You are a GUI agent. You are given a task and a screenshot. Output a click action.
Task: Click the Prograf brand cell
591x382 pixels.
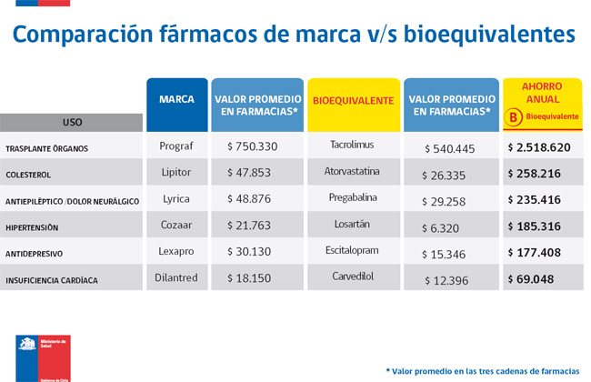coord(176,146)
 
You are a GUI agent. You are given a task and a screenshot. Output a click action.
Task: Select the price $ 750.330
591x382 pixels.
coord(252,146)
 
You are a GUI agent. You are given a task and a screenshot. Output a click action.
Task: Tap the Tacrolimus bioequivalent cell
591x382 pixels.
coord(353,145)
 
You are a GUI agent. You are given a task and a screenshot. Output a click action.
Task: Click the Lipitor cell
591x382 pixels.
coord(176,171)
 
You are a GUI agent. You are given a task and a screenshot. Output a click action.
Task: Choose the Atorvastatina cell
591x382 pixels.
coord(353,171)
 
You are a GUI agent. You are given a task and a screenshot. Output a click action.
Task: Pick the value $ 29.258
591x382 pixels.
coord(451,199)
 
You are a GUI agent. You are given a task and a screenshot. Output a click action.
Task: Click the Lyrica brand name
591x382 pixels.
coord(176,197)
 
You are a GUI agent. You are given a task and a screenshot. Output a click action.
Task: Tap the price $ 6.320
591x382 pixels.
coord(451,225)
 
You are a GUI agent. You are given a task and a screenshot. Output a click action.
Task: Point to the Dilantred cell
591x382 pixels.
coord(176,276)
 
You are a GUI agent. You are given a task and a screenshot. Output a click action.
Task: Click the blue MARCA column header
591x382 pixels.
coord(176,99)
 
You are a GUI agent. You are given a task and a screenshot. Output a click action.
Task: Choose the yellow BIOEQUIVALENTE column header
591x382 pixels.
coord(353,99)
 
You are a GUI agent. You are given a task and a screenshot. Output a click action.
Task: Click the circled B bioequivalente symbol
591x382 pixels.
coord(514,116)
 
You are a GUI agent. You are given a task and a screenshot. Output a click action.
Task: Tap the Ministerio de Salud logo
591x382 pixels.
coord(41,355)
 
